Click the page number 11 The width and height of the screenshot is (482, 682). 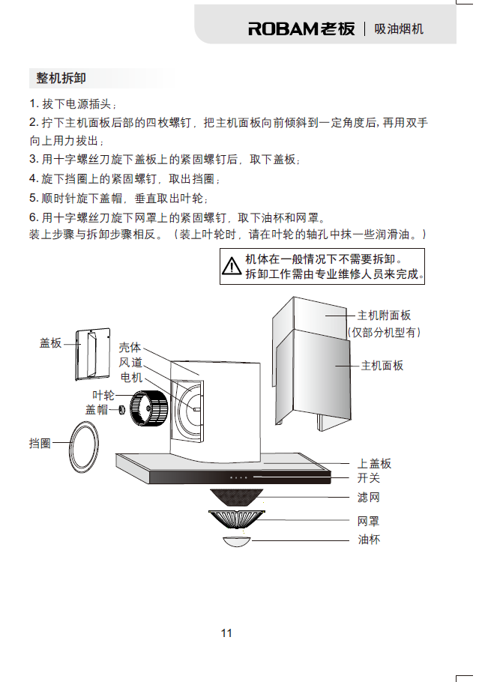226,633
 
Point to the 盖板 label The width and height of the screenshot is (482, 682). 50,342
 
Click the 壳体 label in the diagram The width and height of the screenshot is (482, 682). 130,348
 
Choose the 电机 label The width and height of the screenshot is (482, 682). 131,377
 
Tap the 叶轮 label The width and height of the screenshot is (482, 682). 103,395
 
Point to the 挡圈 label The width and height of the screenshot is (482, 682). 40,444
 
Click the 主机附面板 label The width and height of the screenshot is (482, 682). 384,316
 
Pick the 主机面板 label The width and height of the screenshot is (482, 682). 382,366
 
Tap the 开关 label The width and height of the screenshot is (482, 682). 369,477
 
